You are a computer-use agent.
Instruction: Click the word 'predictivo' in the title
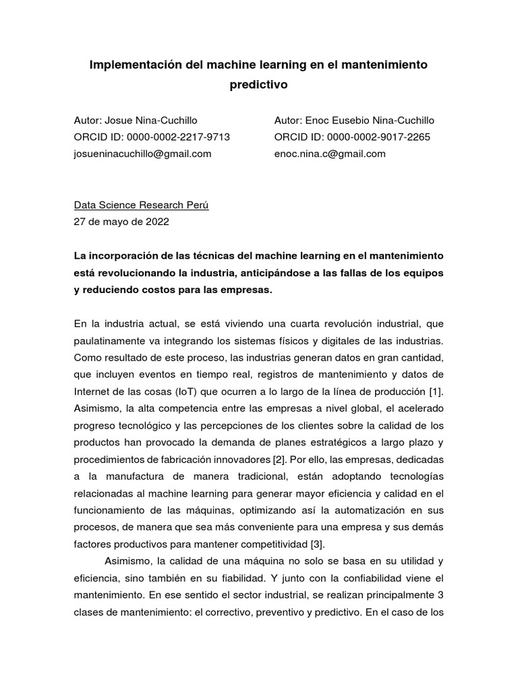259,85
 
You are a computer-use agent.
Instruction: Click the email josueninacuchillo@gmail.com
142,154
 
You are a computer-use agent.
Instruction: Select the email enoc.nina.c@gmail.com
330,154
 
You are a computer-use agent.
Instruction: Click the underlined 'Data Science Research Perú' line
141,206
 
